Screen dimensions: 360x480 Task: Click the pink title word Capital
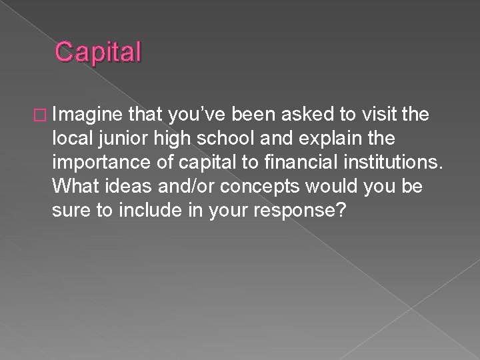(x=99, y=52)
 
